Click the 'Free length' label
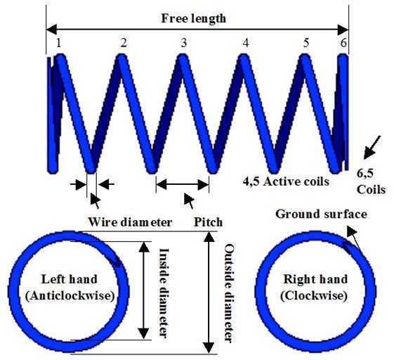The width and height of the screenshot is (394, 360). tap(193, 18)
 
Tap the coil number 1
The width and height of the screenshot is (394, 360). tap(58, 43)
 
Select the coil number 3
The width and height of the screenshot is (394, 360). tap(184, 43)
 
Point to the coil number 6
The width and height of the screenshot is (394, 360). tap(343, 43)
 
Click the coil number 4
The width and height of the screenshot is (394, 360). tap(246, 43)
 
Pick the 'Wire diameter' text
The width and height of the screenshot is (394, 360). tap(130, 222)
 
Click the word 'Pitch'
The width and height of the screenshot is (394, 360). tap(209, 222)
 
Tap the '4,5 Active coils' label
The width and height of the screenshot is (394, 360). tap(286, 181)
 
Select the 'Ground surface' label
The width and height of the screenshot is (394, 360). tap(321, 214)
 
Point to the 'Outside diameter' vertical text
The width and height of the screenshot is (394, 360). tap(229, 293)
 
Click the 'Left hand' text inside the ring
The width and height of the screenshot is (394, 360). tap(69, 279)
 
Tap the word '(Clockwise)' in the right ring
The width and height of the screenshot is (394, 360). tap(314, 295)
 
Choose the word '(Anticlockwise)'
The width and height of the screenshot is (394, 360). tap(70, 295)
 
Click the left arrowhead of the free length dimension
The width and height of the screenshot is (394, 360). tap(51, 30)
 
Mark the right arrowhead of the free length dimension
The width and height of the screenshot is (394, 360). tap(343, 30)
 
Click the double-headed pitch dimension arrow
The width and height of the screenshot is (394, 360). tap(183, 184)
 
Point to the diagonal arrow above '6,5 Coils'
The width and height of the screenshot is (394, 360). tap(372, 148)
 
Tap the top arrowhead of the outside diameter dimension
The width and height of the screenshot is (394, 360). tap(209, 237)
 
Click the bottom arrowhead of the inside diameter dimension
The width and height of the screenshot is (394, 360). tap(144, 333)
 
